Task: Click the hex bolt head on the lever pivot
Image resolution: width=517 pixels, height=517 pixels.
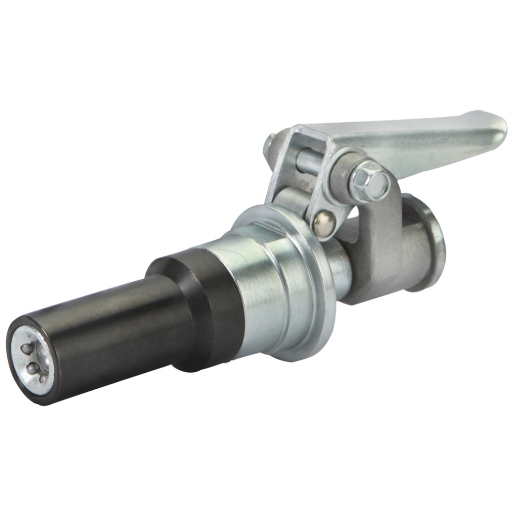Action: pyautogui.click(x=370, y=180)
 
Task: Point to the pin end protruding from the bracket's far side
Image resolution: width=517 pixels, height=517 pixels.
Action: pyautogui.click(x=269, y=144)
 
